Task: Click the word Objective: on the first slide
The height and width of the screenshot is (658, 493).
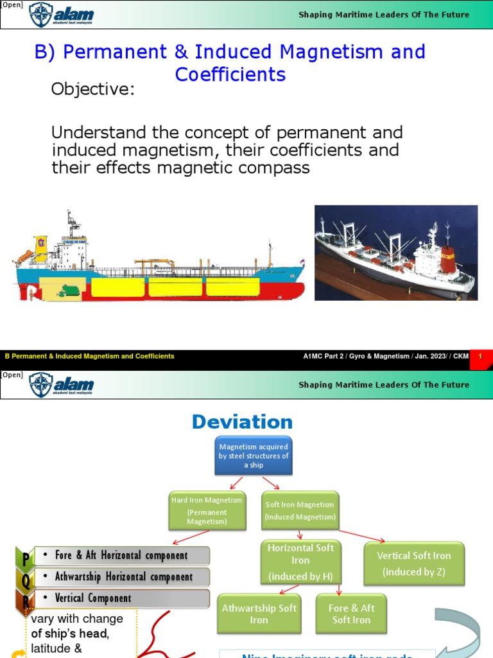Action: pos(93,89)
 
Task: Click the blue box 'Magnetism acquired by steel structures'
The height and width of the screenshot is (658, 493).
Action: pos(254,456)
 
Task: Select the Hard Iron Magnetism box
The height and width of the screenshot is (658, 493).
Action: pos(207,511)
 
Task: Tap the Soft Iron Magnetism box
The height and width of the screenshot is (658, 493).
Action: pos(300,510)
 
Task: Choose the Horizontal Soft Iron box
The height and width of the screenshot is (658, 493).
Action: pos(300,562)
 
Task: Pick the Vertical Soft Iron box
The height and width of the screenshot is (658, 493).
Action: pos(413,563)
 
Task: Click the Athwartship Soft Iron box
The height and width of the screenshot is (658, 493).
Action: pos(259,614)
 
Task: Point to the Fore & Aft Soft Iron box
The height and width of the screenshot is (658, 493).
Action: pos(351,614)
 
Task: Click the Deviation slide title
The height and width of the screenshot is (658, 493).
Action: pos(242,422)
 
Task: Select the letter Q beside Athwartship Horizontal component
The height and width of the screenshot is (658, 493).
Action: pos(25,578)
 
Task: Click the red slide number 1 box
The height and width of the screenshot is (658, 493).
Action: pos(480,356)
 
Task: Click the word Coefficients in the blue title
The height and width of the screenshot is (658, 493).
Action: pos(230,75)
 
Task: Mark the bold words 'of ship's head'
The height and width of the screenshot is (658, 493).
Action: pos(70,634)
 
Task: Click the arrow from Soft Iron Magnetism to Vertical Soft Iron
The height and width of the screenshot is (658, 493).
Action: pos(363,536)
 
